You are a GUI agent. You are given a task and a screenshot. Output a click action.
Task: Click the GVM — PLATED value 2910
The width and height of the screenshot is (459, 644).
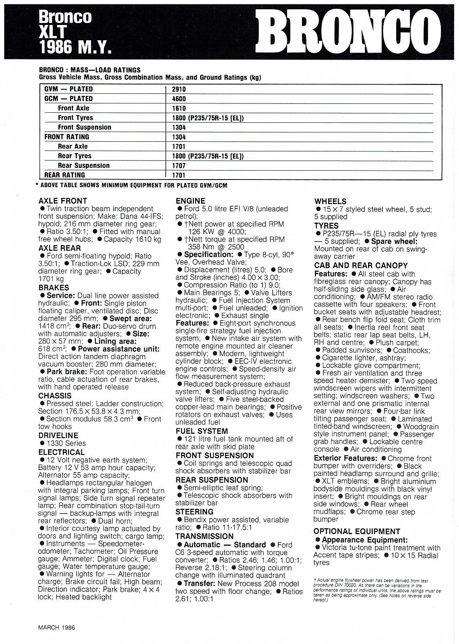(179, 89)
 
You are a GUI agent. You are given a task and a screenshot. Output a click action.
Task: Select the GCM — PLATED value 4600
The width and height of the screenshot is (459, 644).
(179, 99)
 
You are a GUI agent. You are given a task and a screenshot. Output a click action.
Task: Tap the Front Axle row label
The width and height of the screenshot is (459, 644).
(74, 108)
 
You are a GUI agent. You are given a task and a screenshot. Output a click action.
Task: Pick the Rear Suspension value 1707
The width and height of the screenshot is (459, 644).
(179, 165)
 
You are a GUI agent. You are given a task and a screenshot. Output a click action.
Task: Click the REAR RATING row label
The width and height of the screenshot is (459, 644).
(64, 175)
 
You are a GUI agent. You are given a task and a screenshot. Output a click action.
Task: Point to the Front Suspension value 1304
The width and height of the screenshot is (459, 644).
(179, 127)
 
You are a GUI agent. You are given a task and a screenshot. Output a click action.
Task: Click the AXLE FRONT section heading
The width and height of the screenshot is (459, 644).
(62, 200)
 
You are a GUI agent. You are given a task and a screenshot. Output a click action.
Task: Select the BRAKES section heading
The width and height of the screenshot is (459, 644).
(54, 287)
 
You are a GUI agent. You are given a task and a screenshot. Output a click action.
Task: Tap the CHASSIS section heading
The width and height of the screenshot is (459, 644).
(55, 396)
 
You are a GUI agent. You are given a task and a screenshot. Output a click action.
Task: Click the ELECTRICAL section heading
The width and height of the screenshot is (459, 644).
(61, 452)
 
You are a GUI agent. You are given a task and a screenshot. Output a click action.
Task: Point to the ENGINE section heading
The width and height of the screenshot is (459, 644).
(190, 200)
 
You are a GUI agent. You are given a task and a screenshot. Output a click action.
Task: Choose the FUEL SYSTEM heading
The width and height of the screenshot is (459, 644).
(202, 431)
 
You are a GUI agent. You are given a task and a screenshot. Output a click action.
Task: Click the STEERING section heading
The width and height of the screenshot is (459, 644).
(194, 512)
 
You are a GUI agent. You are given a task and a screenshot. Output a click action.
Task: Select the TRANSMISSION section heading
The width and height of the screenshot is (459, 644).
(204, 536)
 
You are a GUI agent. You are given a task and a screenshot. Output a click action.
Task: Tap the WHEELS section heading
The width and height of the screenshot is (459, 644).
(330, 201)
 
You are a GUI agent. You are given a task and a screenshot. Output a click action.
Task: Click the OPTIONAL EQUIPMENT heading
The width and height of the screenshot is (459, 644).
(357, 531)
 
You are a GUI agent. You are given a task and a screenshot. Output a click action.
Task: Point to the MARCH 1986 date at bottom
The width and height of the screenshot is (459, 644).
(56, 627)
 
